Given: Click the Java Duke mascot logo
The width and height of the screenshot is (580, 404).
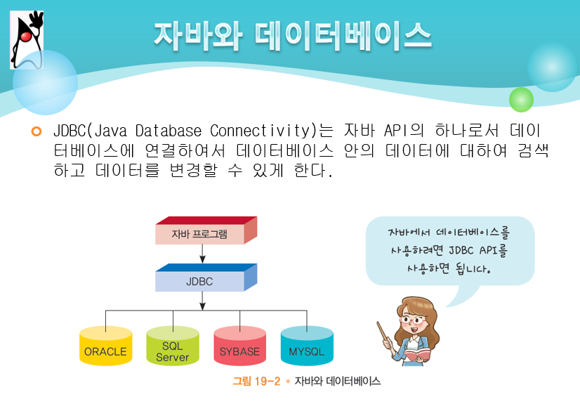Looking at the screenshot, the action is (27, 39).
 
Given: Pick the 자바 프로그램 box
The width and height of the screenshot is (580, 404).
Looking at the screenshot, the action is (201, 234).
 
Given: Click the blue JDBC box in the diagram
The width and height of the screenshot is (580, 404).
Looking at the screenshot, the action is (201, 281).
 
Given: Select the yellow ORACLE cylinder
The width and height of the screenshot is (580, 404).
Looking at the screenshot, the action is (105, 348).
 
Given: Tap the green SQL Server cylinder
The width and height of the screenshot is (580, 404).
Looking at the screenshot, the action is (173, 348).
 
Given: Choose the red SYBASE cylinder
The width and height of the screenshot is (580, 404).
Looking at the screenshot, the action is (239, 348).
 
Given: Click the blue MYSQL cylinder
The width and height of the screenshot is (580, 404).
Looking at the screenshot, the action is (306, 348).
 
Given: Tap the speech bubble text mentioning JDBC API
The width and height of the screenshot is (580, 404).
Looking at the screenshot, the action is (449, 249).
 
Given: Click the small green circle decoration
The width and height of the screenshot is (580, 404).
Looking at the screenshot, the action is (521, 100).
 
